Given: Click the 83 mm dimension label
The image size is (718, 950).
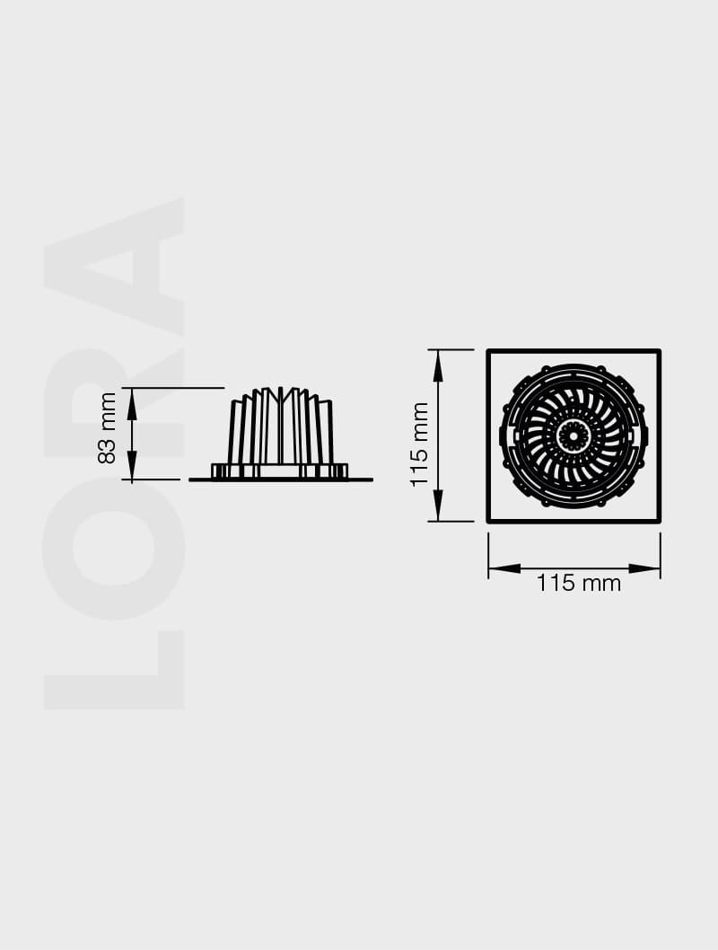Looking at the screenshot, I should pos(107,427).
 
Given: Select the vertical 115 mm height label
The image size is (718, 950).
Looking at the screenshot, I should pos(419,444).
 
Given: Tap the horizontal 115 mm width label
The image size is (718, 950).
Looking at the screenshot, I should pos(579,584).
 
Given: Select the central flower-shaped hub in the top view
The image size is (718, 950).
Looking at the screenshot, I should pos(573,436).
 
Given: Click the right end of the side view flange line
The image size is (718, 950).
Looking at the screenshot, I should pos(370,479).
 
